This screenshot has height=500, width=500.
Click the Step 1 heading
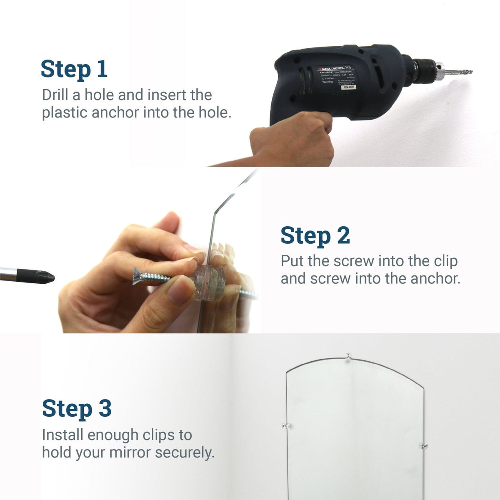tap(74, 69)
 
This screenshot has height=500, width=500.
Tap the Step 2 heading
tap(315, 235)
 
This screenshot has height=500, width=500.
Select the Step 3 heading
tap(77, 408)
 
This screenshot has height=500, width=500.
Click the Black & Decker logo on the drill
tap(332, 67)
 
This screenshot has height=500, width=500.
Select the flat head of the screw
tap(137, 276)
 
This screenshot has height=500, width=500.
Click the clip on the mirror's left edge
tap(286, 426)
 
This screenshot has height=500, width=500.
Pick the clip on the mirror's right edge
tap(423, 446)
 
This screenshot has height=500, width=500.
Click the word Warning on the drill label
tap(327, 82)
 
